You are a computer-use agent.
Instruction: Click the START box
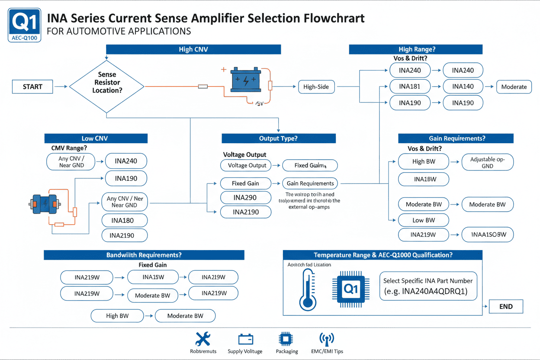tap(32, 87)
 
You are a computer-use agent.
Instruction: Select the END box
tap(505, 306)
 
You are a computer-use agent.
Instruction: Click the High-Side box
tap(316, 87)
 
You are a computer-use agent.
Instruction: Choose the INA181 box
tap(410, 87)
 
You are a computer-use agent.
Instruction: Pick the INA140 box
tap(463, 87)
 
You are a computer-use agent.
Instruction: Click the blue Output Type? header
tap(278, 138)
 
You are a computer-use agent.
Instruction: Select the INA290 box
tap(245, 198)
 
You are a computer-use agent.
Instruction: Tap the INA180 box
tap(124, 221)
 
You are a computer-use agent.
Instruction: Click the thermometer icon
tap(307, 289)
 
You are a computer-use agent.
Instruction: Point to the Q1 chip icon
tap(351, 288)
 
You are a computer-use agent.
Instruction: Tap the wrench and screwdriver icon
tap(203, 339)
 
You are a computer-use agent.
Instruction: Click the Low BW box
tap(424, 220)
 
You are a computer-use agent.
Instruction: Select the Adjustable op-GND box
tap(487, 162)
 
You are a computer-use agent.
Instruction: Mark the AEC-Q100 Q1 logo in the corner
tap(25, 25)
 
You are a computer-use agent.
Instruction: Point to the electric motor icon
tap(44, 203)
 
